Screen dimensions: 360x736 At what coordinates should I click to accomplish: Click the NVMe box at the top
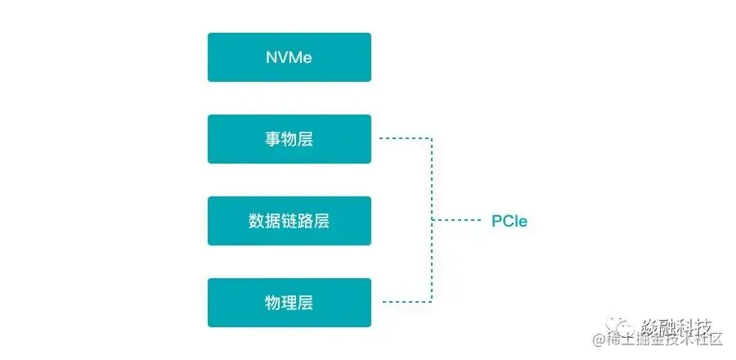click(289, 57)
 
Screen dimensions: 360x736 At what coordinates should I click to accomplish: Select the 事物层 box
click(289, 139)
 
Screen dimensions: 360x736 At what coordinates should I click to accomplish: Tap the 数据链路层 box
click(289, 221)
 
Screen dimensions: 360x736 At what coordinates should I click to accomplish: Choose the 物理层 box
click(289, 303)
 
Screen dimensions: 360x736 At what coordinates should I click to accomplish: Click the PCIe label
click(509, 221)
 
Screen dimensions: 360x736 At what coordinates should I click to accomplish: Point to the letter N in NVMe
click(271, 57)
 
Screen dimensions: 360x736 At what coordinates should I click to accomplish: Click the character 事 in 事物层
click(272, 139)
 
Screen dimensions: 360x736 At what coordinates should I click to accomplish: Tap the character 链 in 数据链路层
click(289, 221)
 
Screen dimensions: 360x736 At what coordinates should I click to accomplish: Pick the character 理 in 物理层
click(289, 303)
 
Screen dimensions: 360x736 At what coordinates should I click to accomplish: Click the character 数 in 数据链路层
click(256, 221)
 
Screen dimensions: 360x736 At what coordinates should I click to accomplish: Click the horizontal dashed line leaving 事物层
click(405, 138)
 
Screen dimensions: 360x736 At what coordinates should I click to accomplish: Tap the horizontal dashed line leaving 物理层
click(405, 302)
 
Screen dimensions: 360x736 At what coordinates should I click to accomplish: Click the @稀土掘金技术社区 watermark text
click(659, 340)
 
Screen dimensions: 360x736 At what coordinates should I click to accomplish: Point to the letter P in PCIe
click(496, 221)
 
